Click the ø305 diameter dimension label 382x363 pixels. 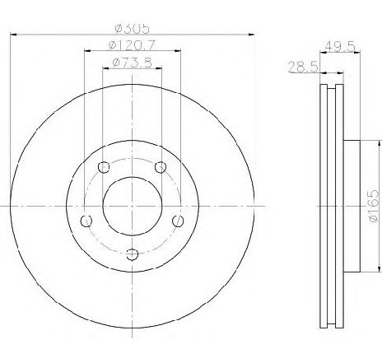[x=133, y=29]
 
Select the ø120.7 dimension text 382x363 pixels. [x=132, y=44]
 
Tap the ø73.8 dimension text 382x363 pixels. [x=133, y=63]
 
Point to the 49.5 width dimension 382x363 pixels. [x=340, y=46]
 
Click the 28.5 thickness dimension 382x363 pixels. [x=303, y=67]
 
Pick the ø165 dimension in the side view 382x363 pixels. [x=374, y=206]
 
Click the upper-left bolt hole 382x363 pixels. [x=104, y=167]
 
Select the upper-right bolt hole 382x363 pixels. [x=161, y=167]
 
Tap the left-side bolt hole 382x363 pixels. [x=86, y=221]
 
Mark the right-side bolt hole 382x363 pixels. [x=178, y=221]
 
